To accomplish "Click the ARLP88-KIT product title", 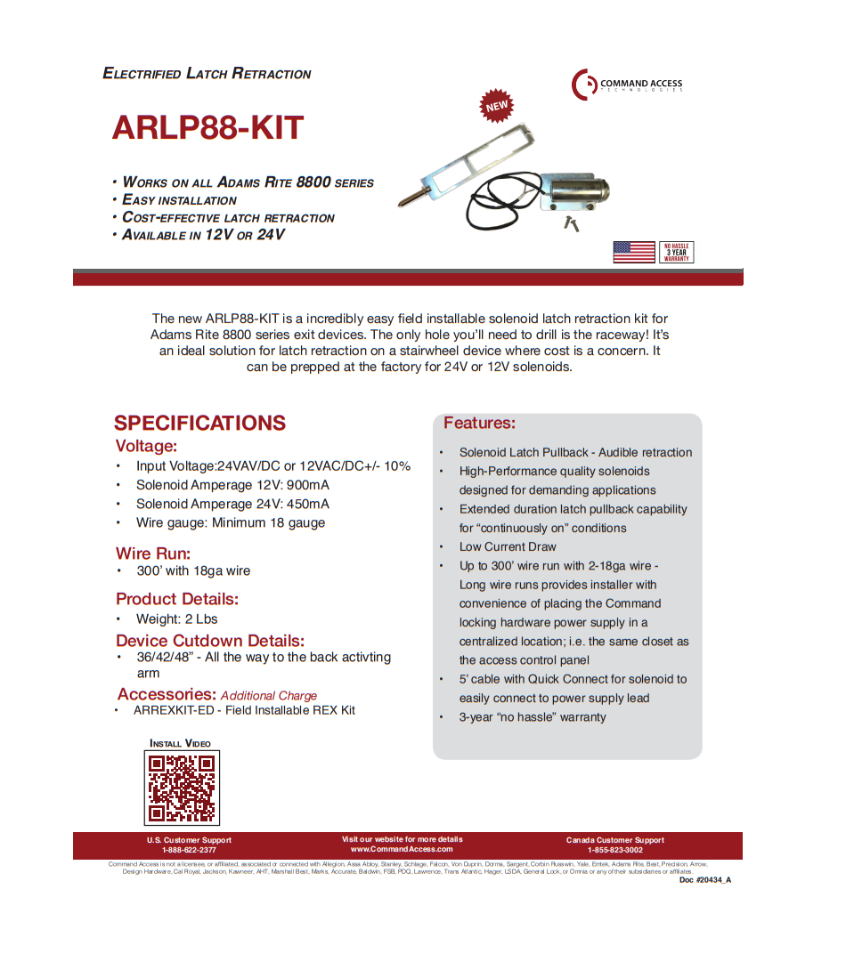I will [207, 128].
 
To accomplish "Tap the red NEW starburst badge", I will [496, 106].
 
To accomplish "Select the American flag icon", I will [634, 252].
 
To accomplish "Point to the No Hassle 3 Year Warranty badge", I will [676, 252].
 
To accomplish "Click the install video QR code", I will [182, 788].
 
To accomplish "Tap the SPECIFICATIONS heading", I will [199, 423].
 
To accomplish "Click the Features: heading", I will [479, 423].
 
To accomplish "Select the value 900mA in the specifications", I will [307, 485].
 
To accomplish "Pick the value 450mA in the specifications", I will [307, 504].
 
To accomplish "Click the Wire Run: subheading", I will [152, 554].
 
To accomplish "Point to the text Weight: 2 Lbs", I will [176, 618].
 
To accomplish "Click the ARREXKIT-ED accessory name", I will [174, 710].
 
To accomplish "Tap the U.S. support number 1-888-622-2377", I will [189, 850].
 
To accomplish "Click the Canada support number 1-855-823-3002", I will [614, 850].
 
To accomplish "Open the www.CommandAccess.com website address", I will [402, 849].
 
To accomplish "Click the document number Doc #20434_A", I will [704, 879].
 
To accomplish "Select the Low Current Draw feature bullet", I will [508, 546].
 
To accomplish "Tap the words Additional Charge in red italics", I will [268, 696].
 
